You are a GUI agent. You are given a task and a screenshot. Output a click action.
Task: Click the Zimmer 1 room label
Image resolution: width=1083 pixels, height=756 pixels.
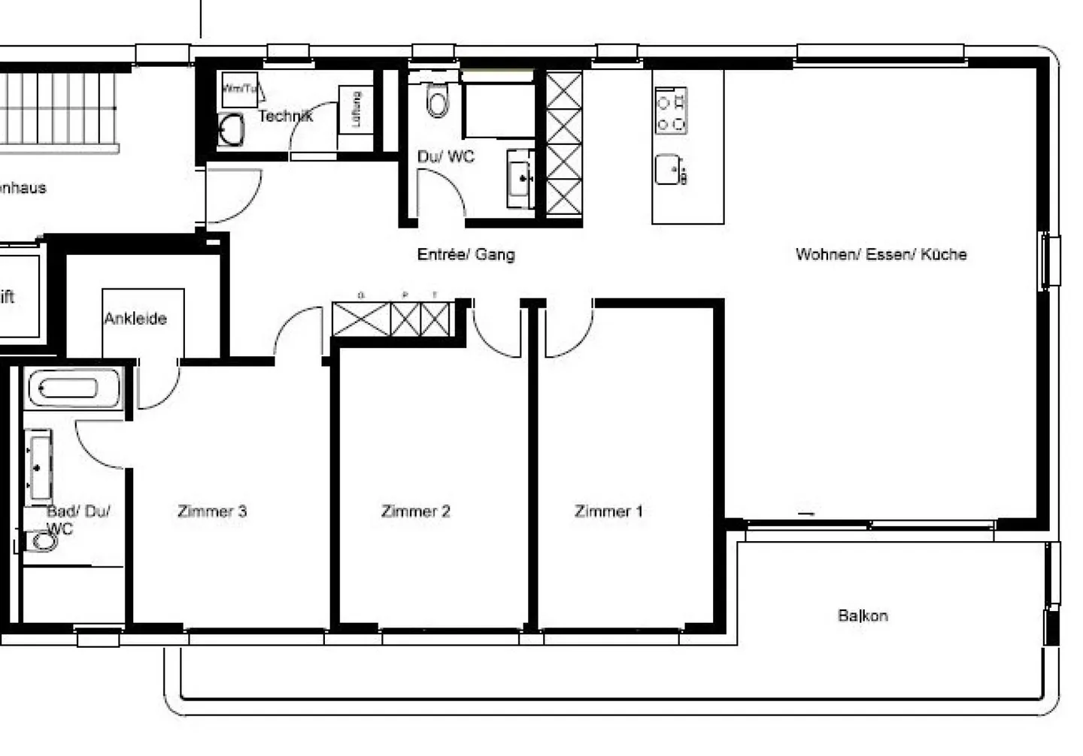click(x=608, y=512)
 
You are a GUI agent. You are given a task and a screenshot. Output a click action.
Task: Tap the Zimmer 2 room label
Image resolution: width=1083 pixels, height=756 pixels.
click(x=415, y=512)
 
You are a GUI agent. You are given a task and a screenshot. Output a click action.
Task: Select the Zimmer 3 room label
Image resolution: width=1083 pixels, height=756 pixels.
click(x=212, y=512)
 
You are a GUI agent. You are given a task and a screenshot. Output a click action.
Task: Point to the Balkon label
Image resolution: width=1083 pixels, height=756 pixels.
click(x=863, y=616)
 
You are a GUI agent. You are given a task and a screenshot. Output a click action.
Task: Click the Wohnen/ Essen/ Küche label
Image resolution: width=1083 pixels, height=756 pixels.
click(x=881, y=255)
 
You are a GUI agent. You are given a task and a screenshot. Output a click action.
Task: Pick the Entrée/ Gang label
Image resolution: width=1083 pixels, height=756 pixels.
click(x=466, y=255)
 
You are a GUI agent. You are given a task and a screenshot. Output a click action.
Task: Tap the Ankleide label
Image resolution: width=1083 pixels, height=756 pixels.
click(x=135, y=319)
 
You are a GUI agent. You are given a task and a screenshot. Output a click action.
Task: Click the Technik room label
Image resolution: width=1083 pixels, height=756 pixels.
click(x=285, y=116)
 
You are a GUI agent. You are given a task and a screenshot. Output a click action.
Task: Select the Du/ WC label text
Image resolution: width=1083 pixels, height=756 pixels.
click(x=446, y=157)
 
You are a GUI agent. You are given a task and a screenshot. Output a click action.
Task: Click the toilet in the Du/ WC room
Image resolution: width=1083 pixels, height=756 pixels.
click(x=437, y=100)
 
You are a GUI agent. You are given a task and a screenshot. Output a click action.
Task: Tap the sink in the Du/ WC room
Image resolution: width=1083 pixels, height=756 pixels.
click(x=520, y=179)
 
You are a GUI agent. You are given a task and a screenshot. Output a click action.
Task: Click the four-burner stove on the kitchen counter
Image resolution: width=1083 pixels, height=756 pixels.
click(x=671, y=111)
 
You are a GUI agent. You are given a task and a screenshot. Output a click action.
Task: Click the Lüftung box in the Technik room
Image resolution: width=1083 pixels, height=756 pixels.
click(x=356, y=110)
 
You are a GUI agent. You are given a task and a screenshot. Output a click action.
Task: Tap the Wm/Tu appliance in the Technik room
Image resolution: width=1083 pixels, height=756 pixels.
click(x=239, y=89)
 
